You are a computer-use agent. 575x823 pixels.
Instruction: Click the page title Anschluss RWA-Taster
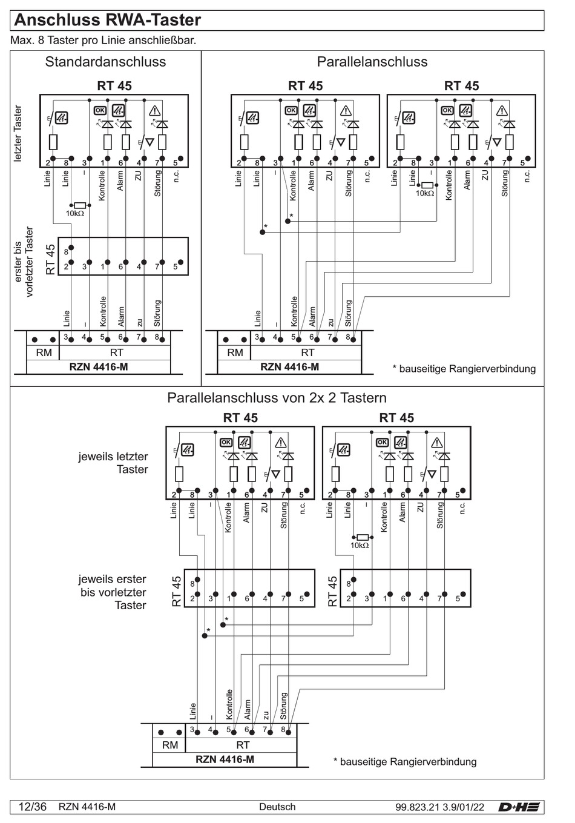point(107,20)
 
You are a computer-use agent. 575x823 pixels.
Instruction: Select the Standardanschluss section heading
point(105,62)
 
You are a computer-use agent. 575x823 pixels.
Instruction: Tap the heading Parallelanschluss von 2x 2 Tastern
point(277,398)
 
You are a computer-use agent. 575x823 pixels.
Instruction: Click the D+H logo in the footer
point(519,807)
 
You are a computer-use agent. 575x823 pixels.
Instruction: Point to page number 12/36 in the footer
point(33,807)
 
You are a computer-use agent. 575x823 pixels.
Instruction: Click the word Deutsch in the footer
point(277,807)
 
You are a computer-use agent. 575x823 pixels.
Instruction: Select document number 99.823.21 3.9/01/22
point(439,807)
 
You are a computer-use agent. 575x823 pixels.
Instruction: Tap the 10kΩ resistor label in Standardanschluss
point(75,214)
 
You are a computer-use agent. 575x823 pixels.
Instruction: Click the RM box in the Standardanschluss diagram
point(44,352)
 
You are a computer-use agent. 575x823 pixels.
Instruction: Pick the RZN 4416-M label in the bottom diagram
point(225,759)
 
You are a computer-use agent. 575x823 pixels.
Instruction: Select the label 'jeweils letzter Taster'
point(113,463)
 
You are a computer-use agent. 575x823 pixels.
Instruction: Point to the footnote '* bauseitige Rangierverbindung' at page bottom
point(405,762)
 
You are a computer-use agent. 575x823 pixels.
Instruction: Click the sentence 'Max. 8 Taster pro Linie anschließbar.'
point(103,41)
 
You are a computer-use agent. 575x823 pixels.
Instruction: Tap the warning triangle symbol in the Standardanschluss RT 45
point(154,110)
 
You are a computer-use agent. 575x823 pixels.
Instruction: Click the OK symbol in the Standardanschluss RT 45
point(100,110)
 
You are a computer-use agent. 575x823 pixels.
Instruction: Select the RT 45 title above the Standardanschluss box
point(114,86)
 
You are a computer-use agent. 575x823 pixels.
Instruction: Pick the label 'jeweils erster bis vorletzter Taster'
point(113,592)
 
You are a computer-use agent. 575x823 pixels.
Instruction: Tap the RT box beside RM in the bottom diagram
point(242,745)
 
